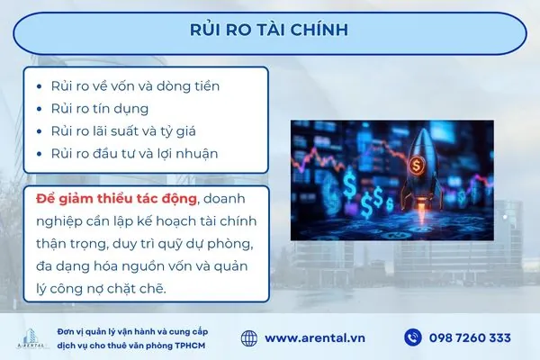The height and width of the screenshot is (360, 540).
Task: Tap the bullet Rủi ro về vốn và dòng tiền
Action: (135, 86)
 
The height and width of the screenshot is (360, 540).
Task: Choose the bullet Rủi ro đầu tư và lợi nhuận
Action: (134, 153)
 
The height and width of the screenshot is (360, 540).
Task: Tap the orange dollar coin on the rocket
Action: (418, 165)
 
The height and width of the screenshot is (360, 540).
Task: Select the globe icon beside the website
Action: (249, 337)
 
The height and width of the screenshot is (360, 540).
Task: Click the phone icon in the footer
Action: (413, 337)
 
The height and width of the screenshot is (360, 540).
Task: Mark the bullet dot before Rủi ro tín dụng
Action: (39, 109)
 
